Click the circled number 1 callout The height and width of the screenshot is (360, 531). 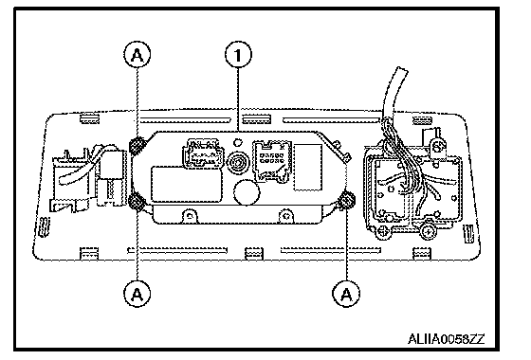click(238, 55)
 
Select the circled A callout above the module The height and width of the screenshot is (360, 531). click(137, 55)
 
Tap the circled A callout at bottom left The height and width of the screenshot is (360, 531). click(137, 294)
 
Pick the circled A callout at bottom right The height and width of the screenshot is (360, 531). click(346, 294)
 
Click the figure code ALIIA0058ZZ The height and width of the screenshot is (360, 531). click(447, 339)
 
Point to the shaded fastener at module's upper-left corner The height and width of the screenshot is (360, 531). click(137, 146)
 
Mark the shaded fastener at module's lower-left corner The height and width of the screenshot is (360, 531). click(137, 202)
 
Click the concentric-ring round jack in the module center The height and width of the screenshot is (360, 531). click(238, 163)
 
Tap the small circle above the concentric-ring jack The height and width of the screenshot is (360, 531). click(238, 142)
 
